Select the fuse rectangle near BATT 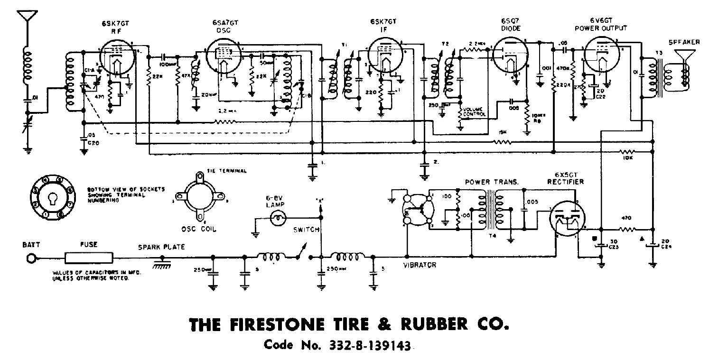point(89,258)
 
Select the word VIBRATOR point(420,265)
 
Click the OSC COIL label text point(199,229)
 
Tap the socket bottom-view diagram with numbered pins point(52,199)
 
